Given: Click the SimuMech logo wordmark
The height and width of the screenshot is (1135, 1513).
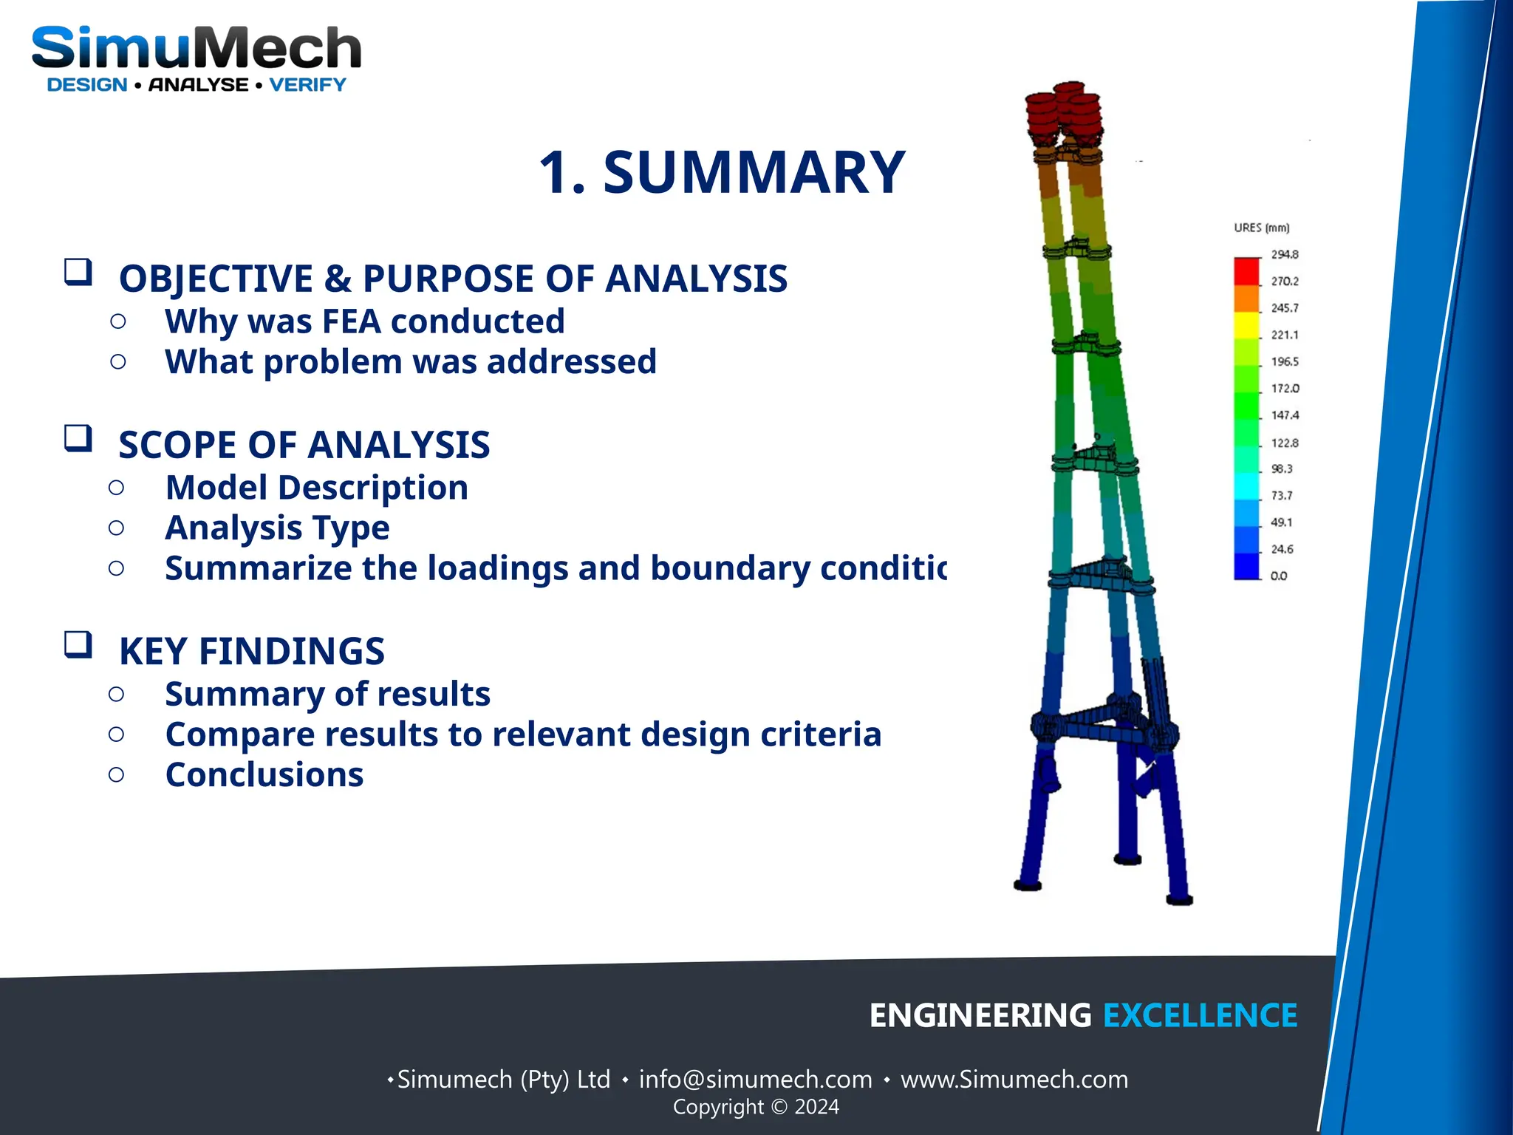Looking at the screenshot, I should [x=196, y=48].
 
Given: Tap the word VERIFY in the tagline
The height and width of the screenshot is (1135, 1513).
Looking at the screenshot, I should [x=307, y=85].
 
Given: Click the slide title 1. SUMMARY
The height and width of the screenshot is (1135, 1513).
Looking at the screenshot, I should [x=722, y=172].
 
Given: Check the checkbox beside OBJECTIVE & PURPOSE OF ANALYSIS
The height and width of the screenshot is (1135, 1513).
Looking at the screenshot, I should [x=78, y=272].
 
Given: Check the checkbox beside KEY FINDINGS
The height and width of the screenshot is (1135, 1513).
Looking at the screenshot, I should [x=78, y=644].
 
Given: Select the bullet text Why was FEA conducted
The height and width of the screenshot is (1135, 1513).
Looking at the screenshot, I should [x=364, y=321].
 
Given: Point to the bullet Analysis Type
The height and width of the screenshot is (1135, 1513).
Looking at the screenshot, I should [x=277, y=528].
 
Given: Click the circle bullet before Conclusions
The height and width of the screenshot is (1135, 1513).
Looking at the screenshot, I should [x=116, y=774].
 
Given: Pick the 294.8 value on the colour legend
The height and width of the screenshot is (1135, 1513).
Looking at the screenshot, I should [x=1284, y=254].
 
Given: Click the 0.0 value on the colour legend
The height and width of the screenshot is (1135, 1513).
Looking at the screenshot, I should [x=1278, y=576].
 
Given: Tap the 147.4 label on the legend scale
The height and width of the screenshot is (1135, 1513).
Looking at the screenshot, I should [x=1284, y=415].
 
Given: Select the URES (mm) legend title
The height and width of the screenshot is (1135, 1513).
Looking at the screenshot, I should [x=1261, y=228].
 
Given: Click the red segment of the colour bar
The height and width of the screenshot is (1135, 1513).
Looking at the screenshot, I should [x=1246, y=271].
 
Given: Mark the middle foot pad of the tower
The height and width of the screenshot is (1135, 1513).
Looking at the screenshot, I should [x=1127, y=859].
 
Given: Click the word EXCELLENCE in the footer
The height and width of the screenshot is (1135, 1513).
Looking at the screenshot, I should [x=1200, y=1015].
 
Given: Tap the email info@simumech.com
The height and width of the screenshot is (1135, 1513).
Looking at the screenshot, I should [x=755, y=1080].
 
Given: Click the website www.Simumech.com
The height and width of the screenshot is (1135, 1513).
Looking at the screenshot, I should [x=1014, y=1080].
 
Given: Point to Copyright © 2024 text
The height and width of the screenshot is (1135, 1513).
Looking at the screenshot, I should [x=756, y=1107].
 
